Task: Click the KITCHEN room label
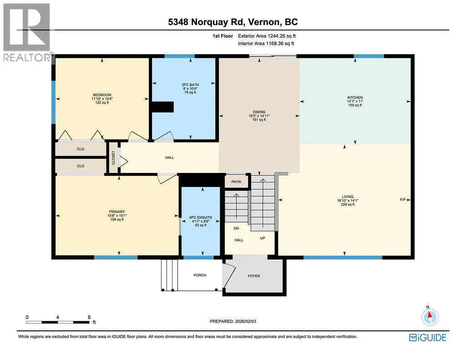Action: tap(355, 97)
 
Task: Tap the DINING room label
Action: tap(259, 112)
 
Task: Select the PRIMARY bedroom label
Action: tap(117, 212)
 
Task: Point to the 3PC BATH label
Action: tap(190, 85)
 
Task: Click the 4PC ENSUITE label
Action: tap(201, 217)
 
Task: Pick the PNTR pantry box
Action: tap(236, 182)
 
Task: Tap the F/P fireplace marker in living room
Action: tap(403, 200)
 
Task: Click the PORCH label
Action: tap(200, 275)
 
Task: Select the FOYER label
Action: tap(254, 276)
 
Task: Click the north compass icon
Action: tap(430, 317)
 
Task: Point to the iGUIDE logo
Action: tap(428, 338)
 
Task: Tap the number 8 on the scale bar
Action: tap(89, 317)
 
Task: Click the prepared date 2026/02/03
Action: tap(245, 321)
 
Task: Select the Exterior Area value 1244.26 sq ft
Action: tap(281, 36)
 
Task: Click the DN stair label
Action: tap(236, 228)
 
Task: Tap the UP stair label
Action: tap(263, 238)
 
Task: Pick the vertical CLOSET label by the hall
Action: tap(113, 157)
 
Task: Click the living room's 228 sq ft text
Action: tap(347, 204)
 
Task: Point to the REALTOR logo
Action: tap(27, 33)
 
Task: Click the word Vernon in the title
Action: tap(263, 22)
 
